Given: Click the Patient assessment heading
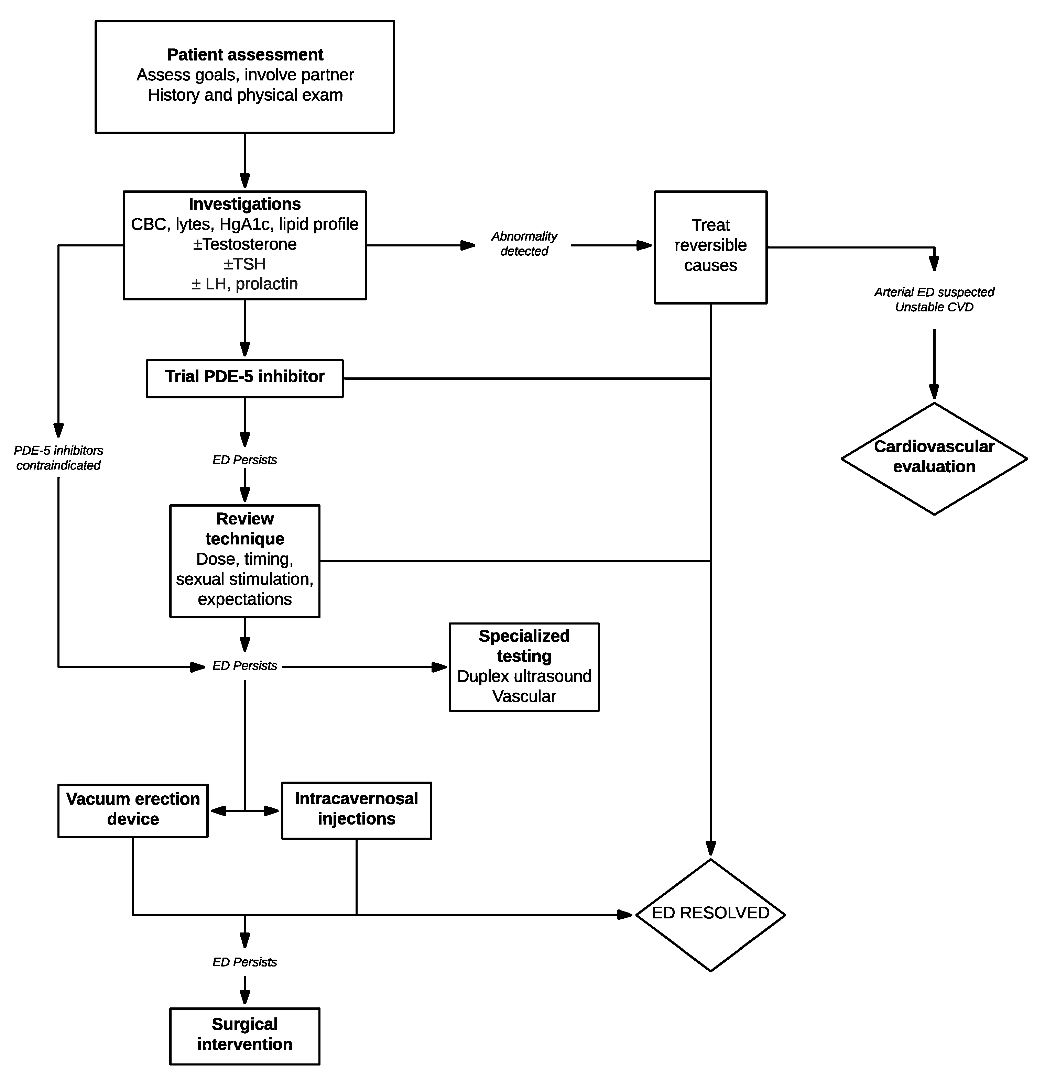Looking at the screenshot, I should coord(245,55).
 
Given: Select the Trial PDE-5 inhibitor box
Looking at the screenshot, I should coord(245,378).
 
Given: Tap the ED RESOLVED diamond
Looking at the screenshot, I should coord(710,914).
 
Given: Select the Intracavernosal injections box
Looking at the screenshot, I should coord(356,809).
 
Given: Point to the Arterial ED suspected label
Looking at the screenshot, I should coord(934,292).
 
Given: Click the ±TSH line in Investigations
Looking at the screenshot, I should coord(245,264).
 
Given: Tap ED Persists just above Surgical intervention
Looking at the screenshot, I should coord(245,962).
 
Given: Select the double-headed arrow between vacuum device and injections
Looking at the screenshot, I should coord(245,811).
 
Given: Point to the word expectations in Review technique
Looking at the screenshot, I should coord(245,599).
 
